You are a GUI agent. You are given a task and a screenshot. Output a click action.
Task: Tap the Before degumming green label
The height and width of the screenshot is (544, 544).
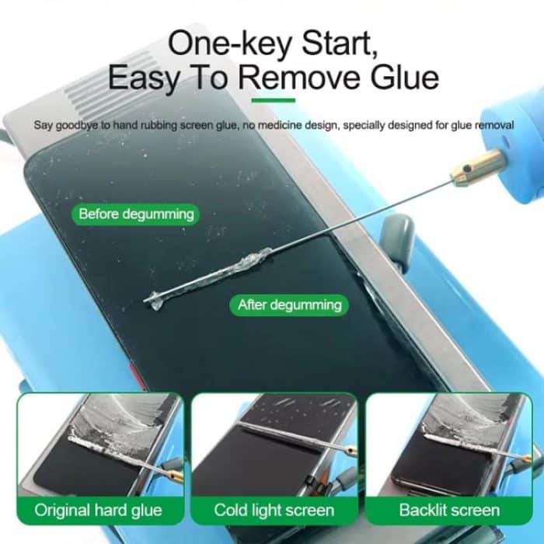click(136, 213)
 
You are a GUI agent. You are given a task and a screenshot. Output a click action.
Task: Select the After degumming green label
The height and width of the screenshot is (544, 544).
click(290, 305)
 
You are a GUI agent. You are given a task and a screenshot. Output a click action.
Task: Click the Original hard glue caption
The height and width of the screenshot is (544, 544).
click(98, 511)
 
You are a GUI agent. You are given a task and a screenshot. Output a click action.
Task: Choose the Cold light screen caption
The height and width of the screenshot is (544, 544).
click(274, 511)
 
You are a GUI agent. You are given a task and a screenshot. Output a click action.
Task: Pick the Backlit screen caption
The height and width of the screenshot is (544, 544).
click(449, 511)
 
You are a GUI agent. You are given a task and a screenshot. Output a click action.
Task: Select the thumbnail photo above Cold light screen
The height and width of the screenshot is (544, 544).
click(274, 443)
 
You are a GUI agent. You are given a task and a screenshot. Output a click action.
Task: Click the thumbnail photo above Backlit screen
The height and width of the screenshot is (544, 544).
click(449, 443)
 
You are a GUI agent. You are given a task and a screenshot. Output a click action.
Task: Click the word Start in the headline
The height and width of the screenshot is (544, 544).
click(338, 43)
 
